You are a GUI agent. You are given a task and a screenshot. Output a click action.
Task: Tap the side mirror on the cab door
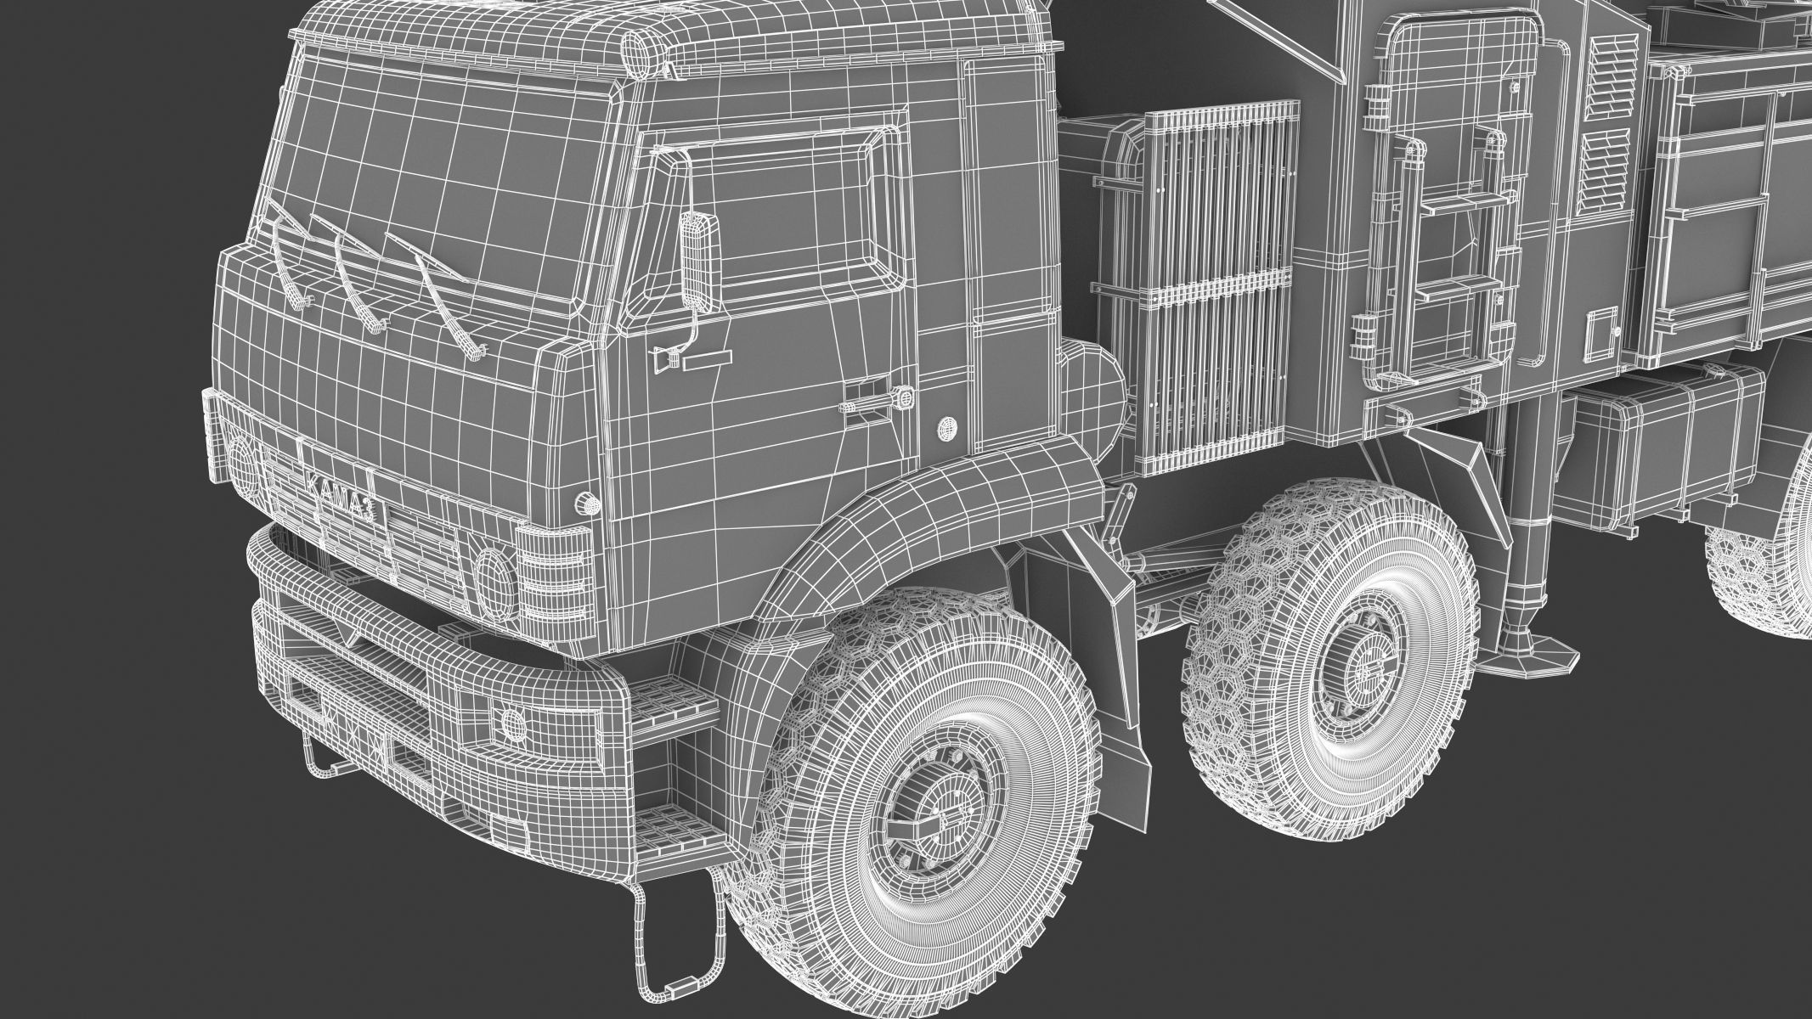(x=700, y=260)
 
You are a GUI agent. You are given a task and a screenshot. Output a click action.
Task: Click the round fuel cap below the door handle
(x=945, y=428)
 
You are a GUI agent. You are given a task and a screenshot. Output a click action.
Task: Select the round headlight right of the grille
(x=494, y=577)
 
